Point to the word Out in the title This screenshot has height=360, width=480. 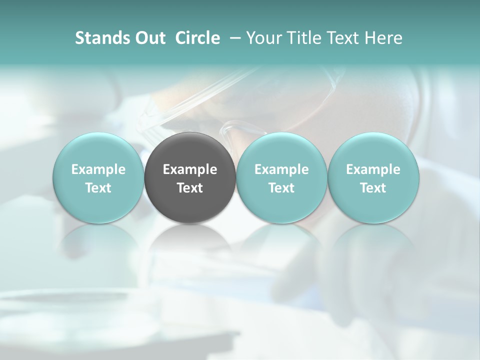coord(148,38)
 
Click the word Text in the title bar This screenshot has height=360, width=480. coord(339,38)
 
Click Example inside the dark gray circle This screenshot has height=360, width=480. coord(190,169)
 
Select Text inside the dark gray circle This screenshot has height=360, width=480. coord(190,188)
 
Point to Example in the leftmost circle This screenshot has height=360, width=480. coord(98,169)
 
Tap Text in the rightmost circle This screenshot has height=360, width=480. coord(373,188)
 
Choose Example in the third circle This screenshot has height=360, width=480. coord(281,169)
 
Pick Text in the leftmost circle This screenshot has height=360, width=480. coord(98,188)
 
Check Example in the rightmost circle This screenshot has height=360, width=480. coord(373,169)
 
